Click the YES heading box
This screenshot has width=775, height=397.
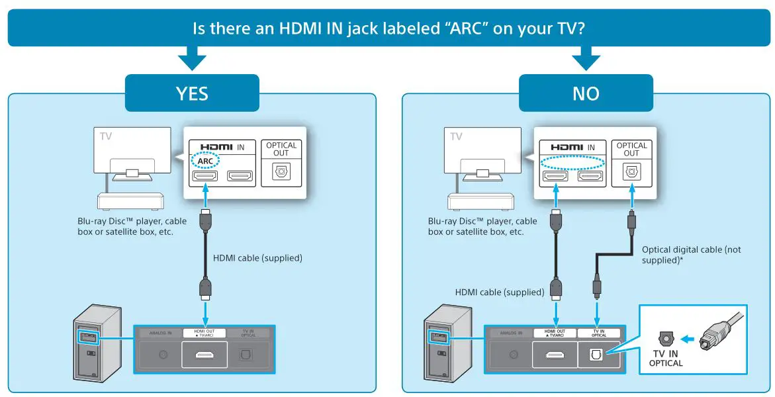click(192, 93)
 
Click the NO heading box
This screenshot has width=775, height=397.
click(586, 93)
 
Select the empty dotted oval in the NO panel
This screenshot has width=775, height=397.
click(572, 161)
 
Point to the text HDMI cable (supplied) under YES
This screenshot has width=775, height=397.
click(257, 258)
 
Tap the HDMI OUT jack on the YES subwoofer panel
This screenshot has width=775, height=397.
click(204, 355)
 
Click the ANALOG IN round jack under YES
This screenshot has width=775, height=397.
click(163, 355)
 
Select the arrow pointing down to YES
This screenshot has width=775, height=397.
click(192, 60)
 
